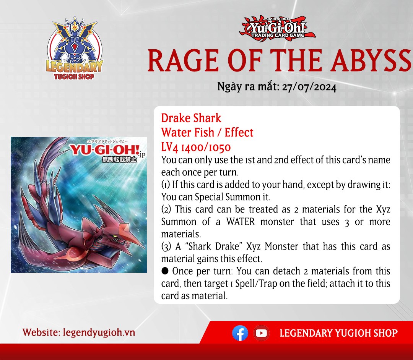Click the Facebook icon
(x=240, y=333)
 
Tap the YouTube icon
(x=261, y=333)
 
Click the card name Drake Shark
(x=191, y=118)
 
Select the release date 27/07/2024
(x=309, y=87)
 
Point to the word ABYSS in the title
(x=372, y=61)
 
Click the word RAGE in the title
(x=183, y=61)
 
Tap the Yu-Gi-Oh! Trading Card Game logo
(x=277, y=28)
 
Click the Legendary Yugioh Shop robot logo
(x=74, y=49)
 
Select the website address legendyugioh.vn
(x=99, y=332)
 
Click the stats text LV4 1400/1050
(x=196, y=147)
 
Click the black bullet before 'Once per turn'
(x=165, y=271)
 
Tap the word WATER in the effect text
(x=241, y=222)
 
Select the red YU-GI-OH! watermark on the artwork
(x=104, y=150)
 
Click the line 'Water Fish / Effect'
(x=207, y=133)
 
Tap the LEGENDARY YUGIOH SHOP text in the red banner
(x=338, y=333)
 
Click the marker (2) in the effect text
(x=166, y=209)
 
